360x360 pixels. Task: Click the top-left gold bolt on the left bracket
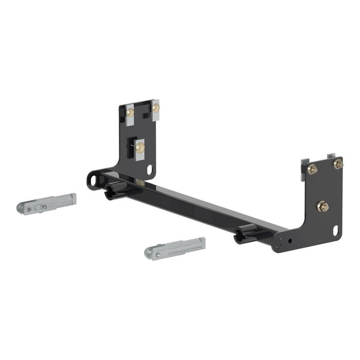tap(131, 112)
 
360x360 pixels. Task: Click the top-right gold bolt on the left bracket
tap(155, 108)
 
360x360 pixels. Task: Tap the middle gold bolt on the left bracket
tap(140, 148)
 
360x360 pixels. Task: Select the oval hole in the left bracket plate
tap(150, 169)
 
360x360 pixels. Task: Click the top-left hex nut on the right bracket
tap(312, 169)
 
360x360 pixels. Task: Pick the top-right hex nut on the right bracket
tap(337, 164)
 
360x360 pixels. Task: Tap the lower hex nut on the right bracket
tap(323, 206)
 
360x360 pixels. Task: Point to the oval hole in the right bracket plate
tap(335, 231)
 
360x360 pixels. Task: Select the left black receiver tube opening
tap(109, 194)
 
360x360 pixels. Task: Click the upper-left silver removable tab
tap(47, 204)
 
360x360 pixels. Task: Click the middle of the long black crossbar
tap(195, 205)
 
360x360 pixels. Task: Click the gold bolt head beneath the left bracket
tap(140, 183)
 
